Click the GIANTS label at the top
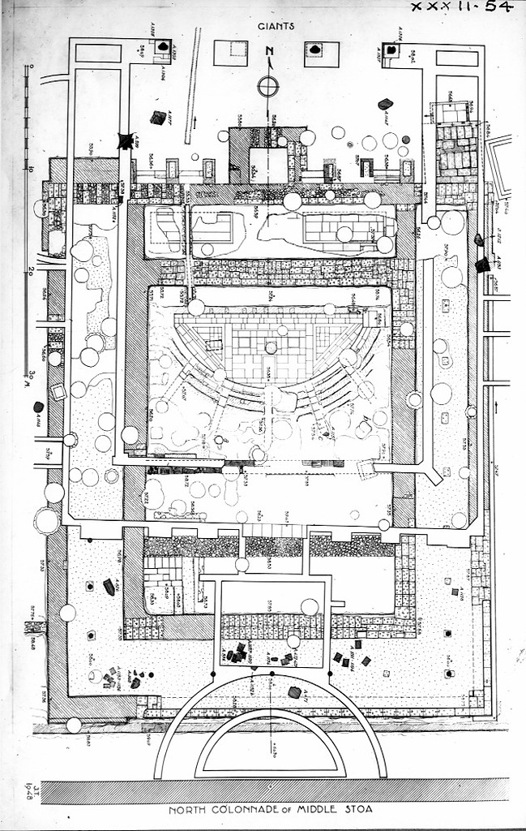point(276,26)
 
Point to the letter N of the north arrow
point(268,54)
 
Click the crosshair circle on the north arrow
point(268,85)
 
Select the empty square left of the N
point(230,53)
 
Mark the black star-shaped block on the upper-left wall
point(125,140)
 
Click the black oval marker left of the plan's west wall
point(38,407)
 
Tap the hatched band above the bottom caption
point(275,791)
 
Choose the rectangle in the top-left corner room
point(98,53)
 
